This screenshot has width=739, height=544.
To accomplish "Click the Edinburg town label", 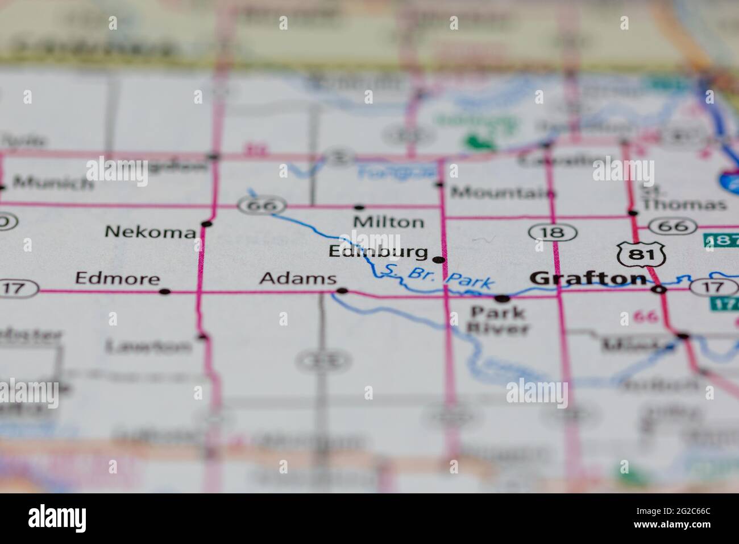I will click(x=378, y=252).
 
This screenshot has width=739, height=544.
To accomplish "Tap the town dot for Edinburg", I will click(x=439, y=260).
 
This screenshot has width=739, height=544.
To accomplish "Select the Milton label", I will click(x=388, y=222).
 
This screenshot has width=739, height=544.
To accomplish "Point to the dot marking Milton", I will click(x=359, y=207).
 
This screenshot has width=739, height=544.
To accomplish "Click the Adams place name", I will click(x=297, y=279).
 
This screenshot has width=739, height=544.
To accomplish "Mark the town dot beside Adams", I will click(x=342, y=291).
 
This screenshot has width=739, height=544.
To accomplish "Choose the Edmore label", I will click(x=117, y=278).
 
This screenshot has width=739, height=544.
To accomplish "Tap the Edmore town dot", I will click(x=165, y=292).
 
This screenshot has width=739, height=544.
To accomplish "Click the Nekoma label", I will click(x=151, y=232).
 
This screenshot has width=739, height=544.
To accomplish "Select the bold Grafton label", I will click(x=588, y=278).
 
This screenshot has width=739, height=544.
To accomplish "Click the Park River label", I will click(x=499, y=320).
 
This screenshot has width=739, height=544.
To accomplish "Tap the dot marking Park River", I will click(x=502, y=298).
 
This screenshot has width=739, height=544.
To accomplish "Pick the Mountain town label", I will click(x=503, y=193).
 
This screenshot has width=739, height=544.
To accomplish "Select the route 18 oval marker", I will click(x=553, y=232).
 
